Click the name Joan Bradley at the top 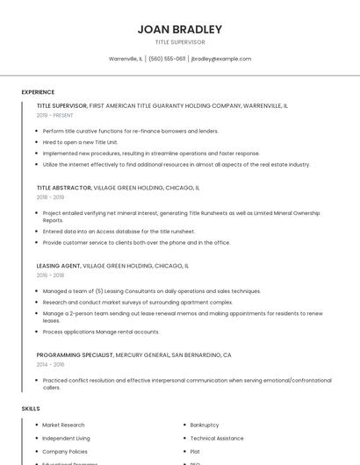[179, 29]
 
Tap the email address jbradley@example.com [220, 59]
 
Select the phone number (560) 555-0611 [167, 59]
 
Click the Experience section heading [38, 92]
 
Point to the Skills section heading [31, 409]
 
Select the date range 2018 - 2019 [49, 197]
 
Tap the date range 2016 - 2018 [49, 275]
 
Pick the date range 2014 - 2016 [49, 364]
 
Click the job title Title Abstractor [64, 188]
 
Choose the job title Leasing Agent [58, 265]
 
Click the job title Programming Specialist [75, 354]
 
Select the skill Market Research [63, 425]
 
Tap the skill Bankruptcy [205, 425]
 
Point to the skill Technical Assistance [217, 438]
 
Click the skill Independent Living [66, 438]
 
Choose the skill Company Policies [65, 451]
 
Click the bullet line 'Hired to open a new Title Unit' [80, 141]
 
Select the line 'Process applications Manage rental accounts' [101, 332]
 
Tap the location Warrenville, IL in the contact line [126, 59]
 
